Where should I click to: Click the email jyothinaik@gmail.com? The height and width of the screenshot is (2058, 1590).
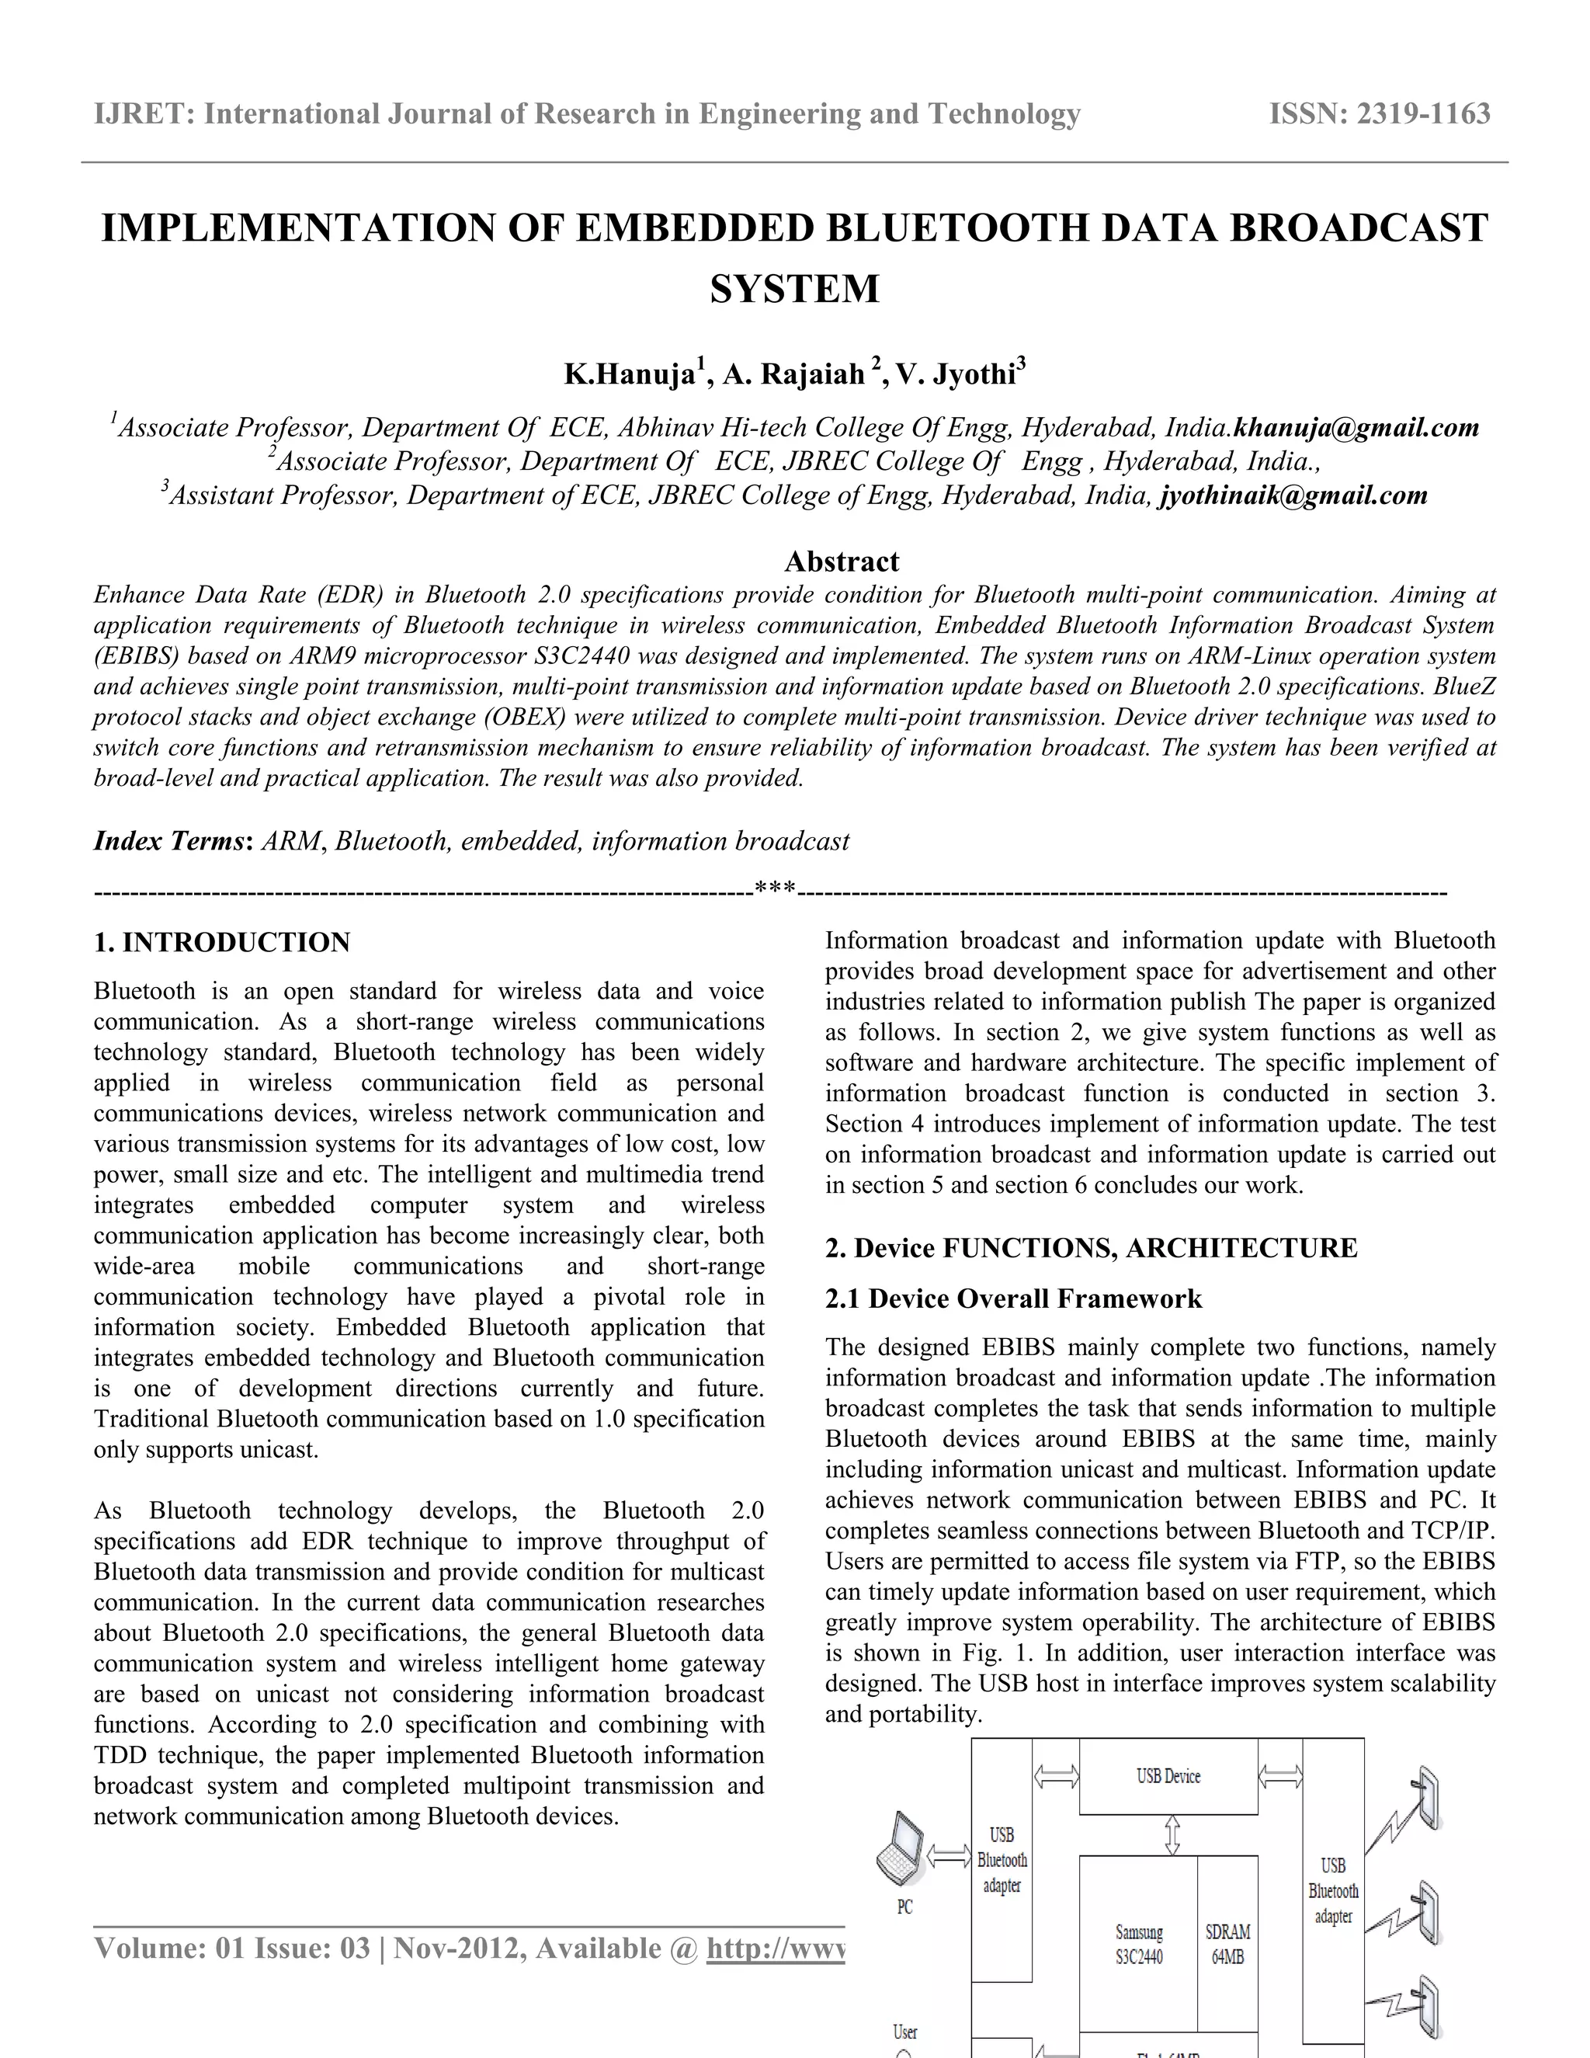click(1293, 495)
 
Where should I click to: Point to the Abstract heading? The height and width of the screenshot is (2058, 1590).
click(841, 561)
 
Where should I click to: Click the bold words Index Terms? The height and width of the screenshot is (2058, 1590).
click(169, 842)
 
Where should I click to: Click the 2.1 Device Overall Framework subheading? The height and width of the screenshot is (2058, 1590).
click(1012, 1298)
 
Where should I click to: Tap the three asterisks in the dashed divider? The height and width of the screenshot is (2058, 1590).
click(776, 889)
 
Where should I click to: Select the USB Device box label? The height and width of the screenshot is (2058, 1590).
click(1168, 1776)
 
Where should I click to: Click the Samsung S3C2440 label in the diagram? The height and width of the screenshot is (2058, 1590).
click(1139, 1945)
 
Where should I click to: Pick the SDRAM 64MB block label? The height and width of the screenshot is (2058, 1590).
click(1227, 1945)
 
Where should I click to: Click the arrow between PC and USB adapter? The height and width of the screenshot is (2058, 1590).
click(949, 1856)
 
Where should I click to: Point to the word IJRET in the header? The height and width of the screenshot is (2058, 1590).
click(141, 114)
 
